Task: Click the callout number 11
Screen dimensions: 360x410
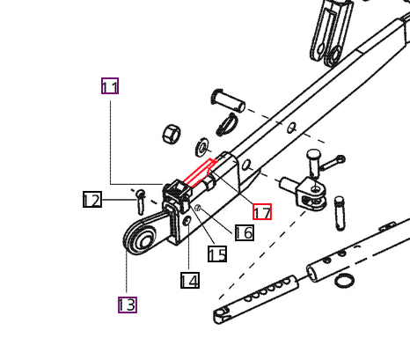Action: coord(110,86)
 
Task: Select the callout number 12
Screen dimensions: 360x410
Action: coord(92,200)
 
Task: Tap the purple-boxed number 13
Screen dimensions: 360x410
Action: coord(127,305)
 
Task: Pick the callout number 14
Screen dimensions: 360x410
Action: coord(189,281)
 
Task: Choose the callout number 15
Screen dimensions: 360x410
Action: coord(217,254)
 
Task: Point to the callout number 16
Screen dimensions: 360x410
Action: coord(245,232)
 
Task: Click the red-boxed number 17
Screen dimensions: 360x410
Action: coord(262,211)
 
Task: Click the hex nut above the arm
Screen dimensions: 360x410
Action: coord(172,135)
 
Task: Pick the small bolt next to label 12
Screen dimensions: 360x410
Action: coord(140,200)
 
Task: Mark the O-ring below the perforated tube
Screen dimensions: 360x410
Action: coord(346,282)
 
